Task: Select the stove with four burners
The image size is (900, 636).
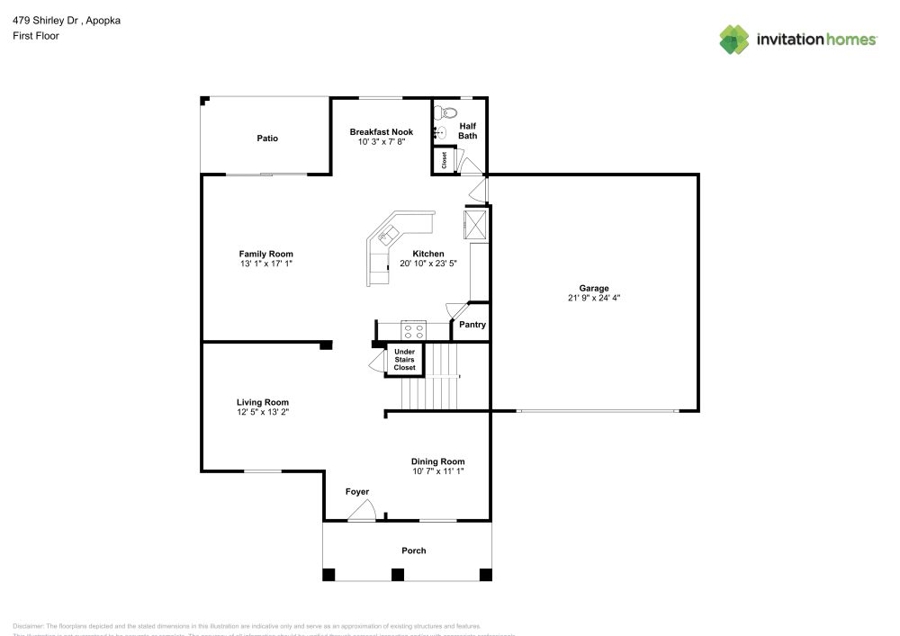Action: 413,329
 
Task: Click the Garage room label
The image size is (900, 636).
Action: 593,288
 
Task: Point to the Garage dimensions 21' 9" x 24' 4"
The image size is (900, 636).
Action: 593,298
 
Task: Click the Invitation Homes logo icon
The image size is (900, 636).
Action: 734,39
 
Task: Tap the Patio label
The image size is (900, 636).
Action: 267,139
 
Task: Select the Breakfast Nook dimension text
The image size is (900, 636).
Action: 382,142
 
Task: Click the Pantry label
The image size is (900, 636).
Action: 472,325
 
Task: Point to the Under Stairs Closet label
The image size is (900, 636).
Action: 404,359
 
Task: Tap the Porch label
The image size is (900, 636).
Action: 414,551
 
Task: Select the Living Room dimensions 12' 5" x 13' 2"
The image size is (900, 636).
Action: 263,412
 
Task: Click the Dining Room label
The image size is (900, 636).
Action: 438,461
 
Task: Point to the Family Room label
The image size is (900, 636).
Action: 265,254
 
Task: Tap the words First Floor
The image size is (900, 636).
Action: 36,36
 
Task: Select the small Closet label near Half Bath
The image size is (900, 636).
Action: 444,160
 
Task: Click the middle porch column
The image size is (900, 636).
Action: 396,574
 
